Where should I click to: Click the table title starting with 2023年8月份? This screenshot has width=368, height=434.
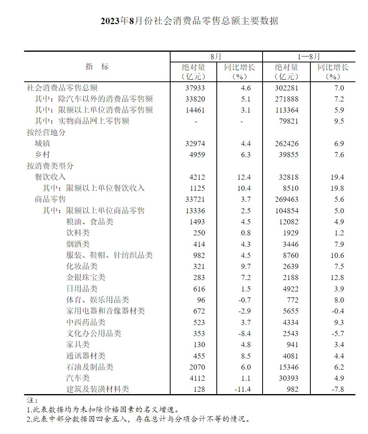pyautogui.click(x=190, y=21)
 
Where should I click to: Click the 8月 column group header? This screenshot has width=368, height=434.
pyautogui.click(x=216, y=57)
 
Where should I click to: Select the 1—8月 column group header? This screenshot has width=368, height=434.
pyautogui.click(x=309, y=57)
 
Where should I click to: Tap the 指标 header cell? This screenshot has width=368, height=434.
pyautogui.click(x=97, y=67)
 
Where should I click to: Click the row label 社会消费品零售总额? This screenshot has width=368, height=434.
pyautogui.click(x=62, y=88)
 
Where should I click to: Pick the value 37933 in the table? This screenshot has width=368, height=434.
pyautogui.click(x=195, y=88)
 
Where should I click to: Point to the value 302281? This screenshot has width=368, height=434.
pyautogui.click(x=287, y=88)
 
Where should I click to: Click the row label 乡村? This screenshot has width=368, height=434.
pyautogui.click(x=42, y=154)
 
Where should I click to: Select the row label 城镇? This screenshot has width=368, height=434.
pyautogui.click(x=42, y=143)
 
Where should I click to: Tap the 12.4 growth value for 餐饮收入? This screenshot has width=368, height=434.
pyautogui.click(x=244, y=177)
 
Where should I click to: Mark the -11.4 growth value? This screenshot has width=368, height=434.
pyautogui.click(x=242, y=389)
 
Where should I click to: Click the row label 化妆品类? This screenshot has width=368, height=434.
pyautogui.click(x=82, y=266)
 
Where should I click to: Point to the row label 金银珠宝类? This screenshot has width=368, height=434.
pyautogui.click(x=86, y=277)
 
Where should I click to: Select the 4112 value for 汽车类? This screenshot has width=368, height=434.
pyautogui.click(x=197, y=378)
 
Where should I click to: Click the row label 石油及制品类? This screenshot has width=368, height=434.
pyautogui.click(x=90, y=367)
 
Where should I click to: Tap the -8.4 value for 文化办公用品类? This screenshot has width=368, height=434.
pyautogui.click(x=244, y=333)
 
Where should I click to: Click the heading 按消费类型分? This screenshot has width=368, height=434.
pyautogui.click(x=50, y=166)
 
